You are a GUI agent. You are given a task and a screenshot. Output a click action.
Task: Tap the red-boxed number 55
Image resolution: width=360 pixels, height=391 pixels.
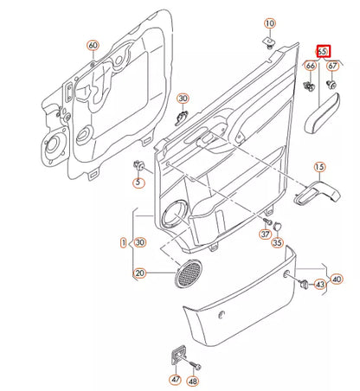pyautogui.click(x=324, y=51)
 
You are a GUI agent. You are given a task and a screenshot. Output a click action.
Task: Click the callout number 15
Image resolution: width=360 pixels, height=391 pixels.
pyautogui.click(x=318, y=167)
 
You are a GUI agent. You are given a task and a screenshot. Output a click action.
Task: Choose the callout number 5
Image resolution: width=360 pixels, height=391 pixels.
pyautogui.click(x=137, y=183)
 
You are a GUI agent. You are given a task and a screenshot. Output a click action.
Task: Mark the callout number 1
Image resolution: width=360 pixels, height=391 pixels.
pyautogui.click(x=123, y=243)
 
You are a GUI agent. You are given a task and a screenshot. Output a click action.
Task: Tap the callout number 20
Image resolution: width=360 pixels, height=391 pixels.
pyautogui.click(x=139, y=273)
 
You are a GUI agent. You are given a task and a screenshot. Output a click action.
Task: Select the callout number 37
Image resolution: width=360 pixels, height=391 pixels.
pyautogui.click(x=266, y=234)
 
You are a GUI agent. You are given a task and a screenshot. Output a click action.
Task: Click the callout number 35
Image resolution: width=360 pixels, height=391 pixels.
pyautogui.click(x=278, y=245)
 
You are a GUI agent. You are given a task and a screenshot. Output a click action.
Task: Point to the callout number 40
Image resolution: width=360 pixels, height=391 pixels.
pyautogui.click(x=337, y=279)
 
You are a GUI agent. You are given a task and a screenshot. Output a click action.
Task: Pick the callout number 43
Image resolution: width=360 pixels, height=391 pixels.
pyautogui.click(x=319, y=285)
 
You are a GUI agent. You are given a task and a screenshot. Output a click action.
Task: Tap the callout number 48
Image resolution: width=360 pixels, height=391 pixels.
pyautogui.click(x=193, y=380)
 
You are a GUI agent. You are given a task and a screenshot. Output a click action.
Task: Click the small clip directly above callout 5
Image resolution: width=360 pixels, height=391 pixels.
pyautogui.click(x=137, y=164)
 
